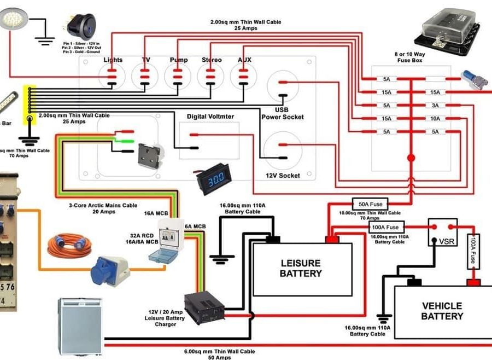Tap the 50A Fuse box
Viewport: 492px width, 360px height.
click(370, 204)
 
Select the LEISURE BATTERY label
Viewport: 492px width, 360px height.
click(301, 268)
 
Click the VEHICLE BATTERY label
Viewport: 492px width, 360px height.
click(442, 311)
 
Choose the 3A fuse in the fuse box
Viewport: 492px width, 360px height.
click(435, 106)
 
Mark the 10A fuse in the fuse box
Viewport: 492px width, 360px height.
click(435, 119)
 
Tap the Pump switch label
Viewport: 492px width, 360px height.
click(178, 60)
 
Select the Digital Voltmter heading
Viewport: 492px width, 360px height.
click(210, 117)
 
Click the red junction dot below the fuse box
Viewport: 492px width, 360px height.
click(411, 158)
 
